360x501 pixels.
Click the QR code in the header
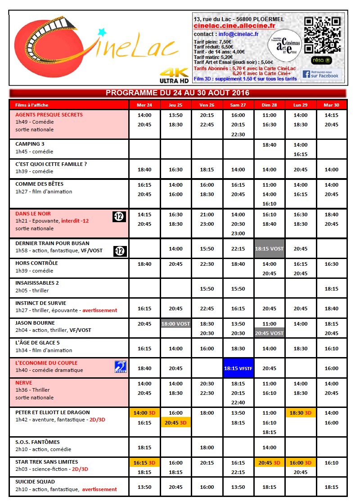pos(323,35)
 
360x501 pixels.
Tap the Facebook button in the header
pos(321,74)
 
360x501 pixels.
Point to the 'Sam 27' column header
pos(238,105)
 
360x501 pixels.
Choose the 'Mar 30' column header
pos(331,105)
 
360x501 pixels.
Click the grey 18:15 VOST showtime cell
pos(270,249)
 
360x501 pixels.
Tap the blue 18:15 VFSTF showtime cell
pos(238,368)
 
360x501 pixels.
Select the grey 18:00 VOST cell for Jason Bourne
pos(175,323)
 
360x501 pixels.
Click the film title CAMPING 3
pos(30,144)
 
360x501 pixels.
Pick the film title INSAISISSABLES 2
pos(37,283)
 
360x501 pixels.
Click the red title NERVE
pos(24,382)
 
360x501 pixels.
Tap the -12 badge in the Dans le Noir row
pos(119,217)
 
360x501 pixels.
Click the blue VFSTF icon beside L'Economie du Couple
pos(121,367)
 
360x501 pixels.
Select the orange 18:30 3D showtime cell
pos(300,412)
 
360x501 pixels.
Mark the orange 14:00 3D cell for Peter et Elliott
pos(144,412)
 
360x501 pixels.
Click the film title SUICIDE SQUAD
pos(35,482)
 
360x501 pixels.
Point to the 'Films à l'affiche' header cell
pos(32,105)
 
